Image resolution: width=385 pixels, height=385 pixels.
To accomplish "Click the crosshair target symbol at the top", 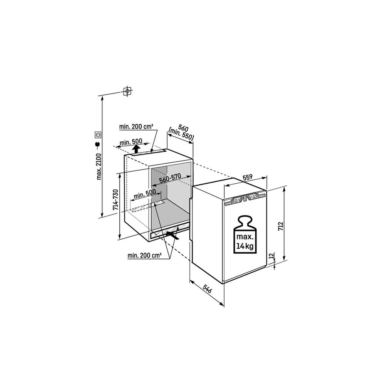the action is point(127,91).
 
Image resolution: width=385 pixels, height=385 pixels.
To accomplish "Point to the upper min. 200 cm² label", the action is point(136,127).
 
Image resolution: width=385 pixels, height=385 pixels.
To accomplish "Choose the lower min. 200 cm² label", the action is point(144,255).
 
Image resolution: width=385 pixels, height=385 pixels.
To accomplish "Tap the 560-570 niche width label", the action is point(170,178).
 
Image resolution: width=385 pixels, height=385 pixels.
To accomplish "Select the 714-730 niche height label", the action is point(115,200).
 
